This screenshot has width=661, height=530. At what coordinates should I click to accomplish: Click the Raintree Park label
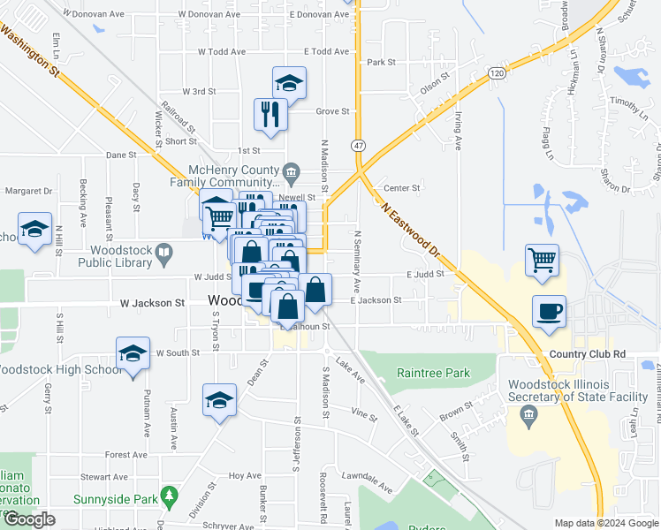click(x=433, y=373)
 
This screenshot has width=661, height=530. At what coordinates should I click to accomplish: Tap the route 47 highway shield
click(x=358, y=145)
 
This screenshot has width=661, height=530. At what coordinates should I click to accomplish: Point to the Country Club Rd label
click(x=586, y=354)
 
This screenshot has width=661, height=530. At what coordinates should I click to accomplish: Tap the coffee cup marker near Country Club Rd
click(x=549, y=312)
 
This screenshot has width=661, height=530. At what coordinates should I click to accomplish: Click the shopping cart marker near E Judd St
click(x=542, y=260)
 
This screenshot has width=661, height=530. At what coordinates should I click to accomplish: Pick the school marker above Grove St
click(x=289, y=83)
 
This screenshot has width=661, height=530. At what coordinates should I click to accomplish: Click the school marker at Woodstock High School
click(x=133, y=354)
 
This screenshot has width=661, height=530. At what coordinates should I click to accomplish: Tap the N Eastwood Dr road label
click(x=411, y=234)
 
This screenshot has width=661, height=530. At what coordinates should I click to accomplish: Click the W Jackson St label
click(x=151, y=302)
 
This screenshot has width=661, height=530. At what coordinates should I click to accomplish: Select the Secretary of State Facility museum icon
click(x=529, y=415)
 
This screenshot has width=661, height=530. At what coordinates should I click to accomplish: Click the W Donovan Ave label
click(x=209, y=14)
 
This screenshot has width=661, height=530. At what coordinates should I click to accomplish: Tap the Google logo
click(x=29, y=519)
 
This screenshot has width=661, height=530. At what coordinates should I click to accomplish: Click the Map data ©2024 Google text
click(x=606, y=523)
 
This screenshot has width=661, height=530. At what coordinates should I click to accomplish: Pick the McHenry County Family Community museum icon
click(x=292, y=170)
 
